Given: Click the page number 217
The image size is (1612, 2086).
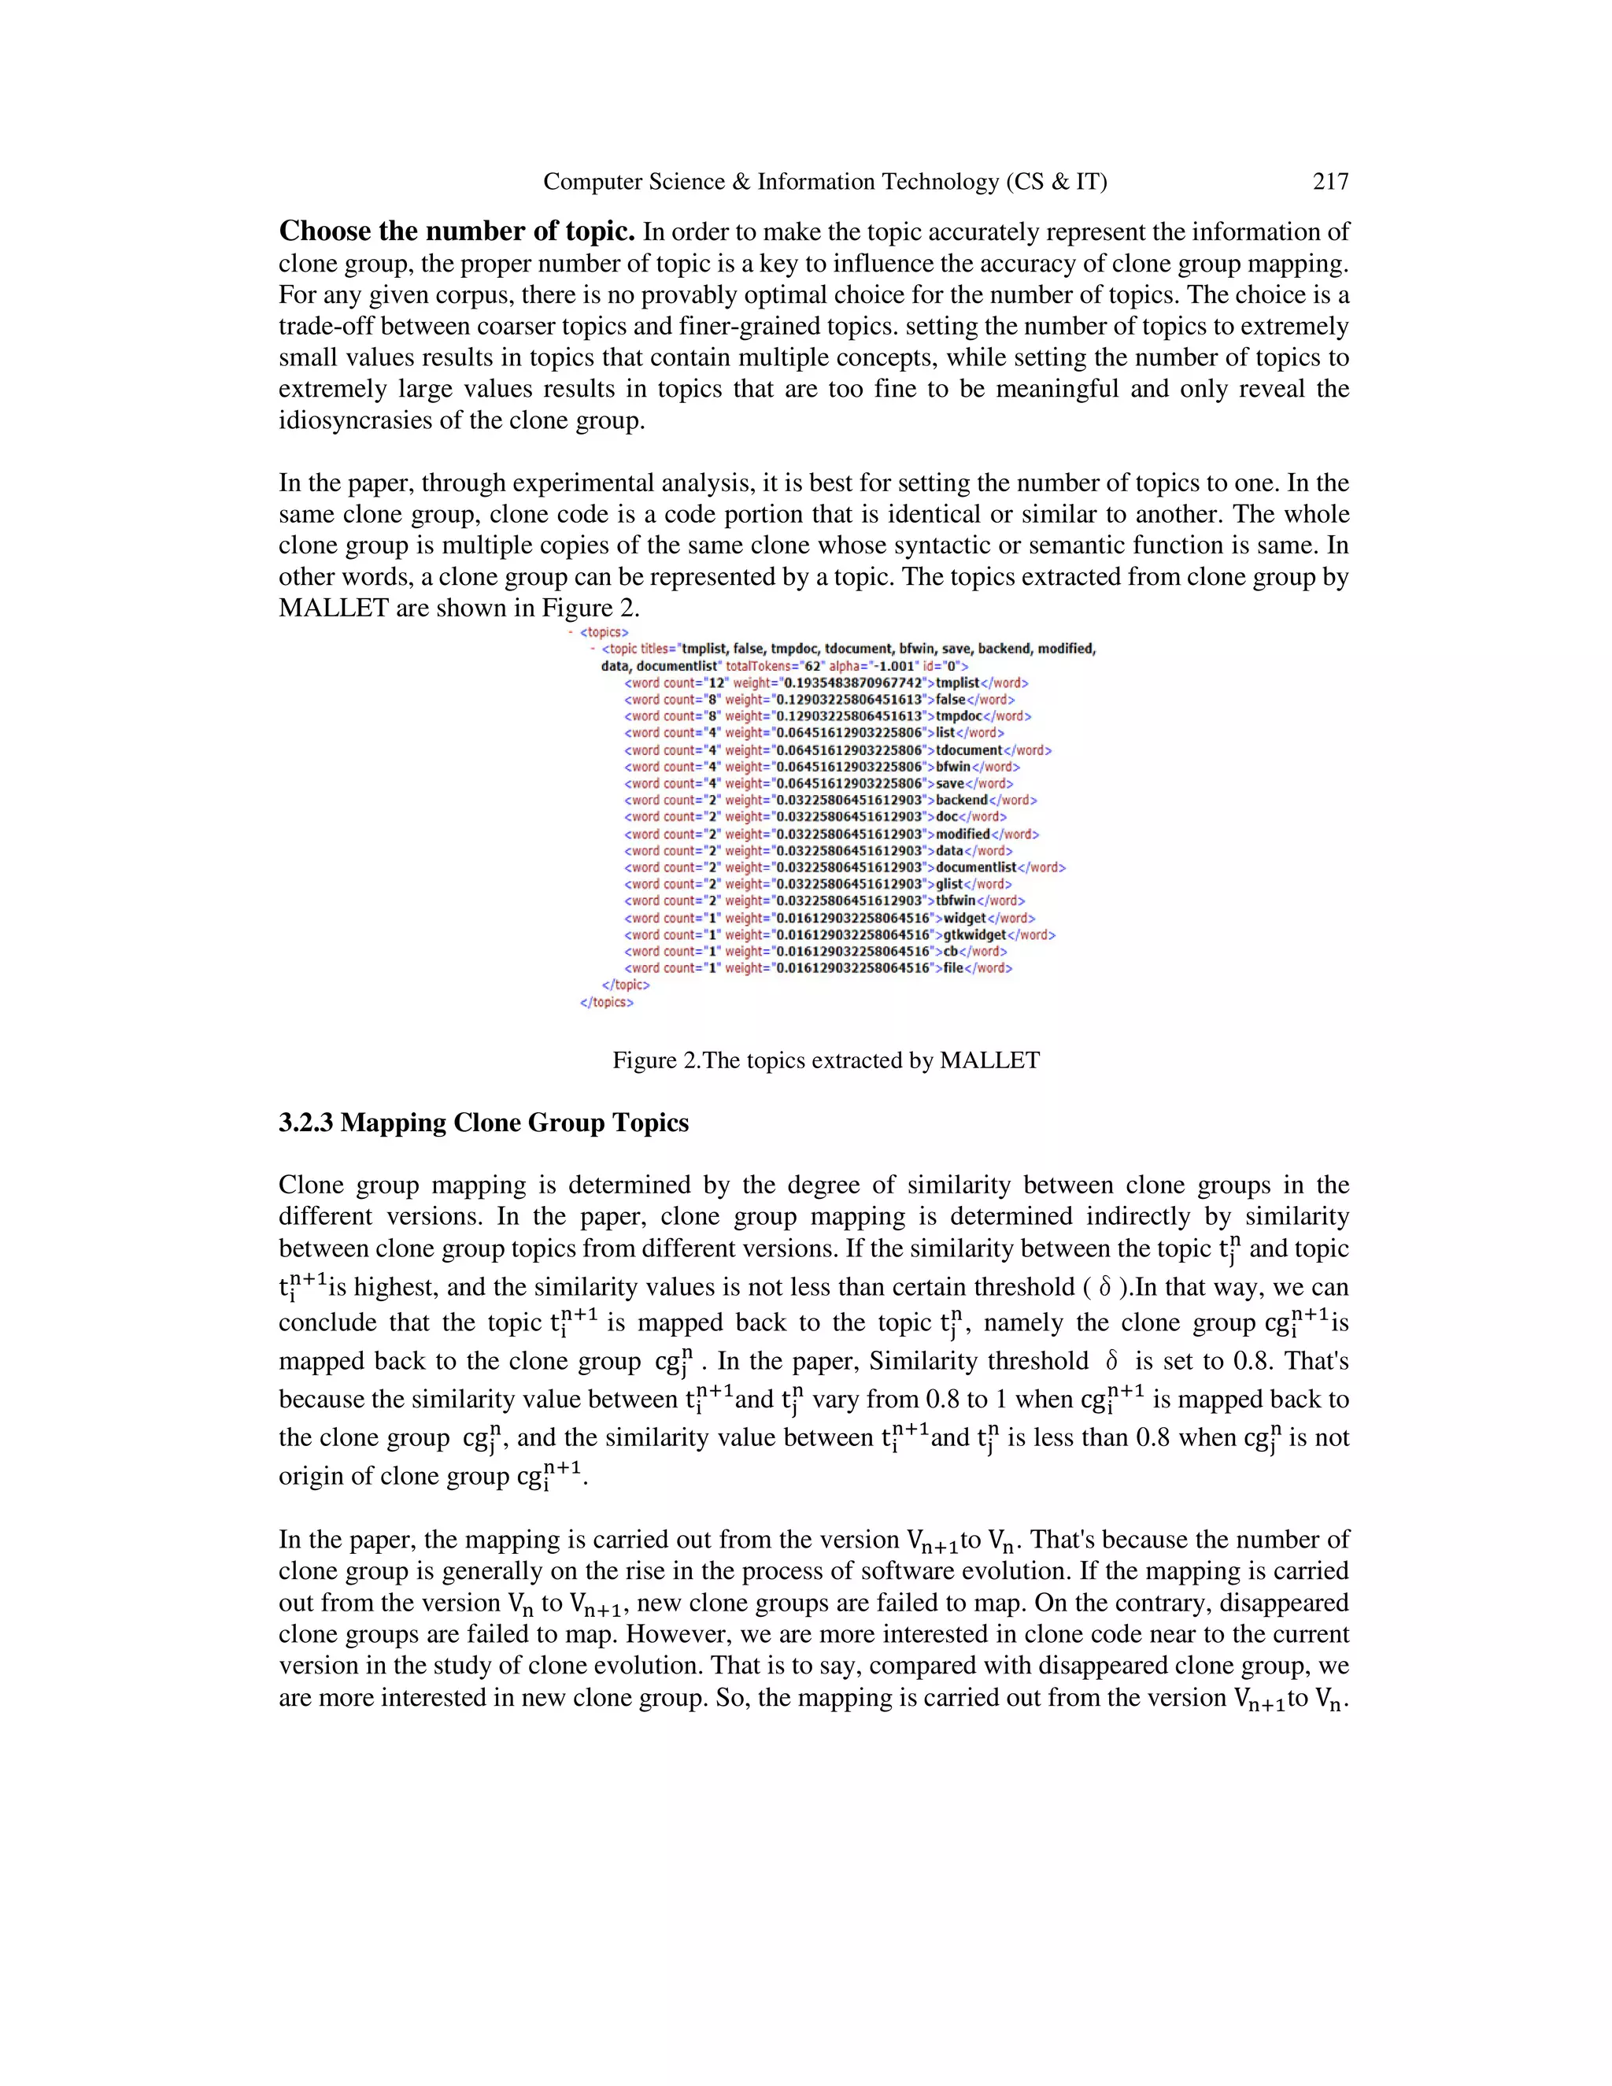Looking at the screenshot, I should tap(1329, 182).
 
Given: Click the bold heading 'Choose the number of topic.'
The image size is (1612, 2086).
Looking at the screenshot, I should tap(457, 231).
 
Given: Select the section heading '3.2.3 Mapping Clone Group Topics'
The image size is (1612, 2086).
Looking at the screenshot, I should tap(483, 1123).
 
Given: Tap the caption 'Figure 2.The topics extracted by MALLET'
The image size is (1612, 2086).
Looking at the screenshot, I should tap(825, 1060).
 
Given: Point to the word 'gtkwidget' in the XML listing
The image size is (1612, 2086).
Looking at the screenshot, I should tap(974, 934).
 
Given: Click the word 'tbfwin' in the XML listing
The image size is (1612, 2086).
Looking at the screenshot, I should tap(955, 901).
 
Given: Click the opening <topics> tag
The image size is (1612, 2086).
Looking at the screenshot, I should tap(604, 632).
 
